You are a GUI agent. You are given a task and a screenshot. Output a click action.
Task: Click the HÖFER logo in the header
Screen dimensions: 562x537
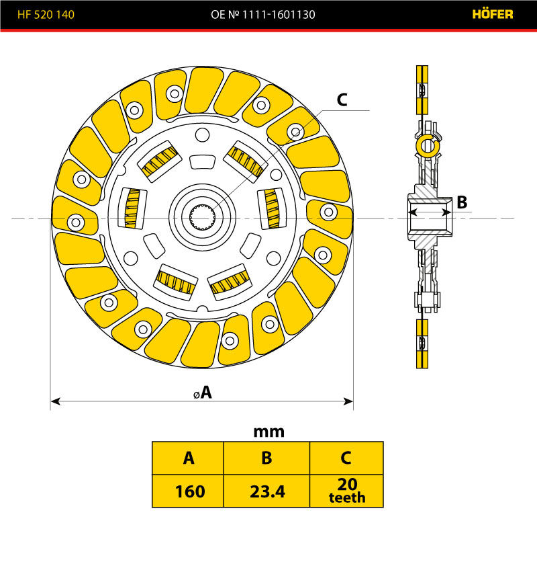493,14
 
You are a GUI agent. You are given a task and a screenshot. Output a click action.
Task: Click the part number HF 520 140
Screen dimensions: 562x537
46,14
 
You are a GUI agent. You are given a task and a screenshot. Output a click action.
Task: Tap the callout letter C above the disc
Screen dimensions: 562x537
341,99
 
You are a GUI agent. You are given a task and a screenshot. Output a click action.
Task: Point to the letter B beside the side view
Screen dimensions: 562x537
462,202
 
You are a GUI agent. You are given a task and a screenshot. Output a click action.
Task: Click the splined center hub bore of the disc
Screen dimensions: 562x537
203,218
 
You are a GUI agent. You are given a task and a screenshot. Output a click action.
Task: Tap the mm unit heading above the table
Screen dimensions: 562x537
268,432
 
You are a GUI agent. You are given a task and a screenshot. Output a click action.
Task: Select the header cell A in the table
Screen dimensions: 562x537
189,458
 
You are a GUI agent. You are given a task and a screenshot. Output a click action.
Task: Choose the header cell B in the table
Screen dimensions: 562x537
266,458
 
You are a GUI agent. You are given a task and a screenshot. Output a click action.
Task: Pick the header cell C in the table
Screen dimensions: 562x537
346,458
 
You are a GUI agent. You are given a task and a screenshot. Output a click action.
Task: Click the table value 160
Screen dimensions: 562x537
189,491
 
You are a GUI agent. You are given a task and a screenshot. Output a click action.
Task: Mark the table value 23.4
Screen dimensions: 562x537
266,491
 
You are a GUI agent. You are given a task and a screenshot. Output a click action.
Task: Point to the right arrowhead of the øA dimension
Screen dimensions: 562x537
349,401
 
